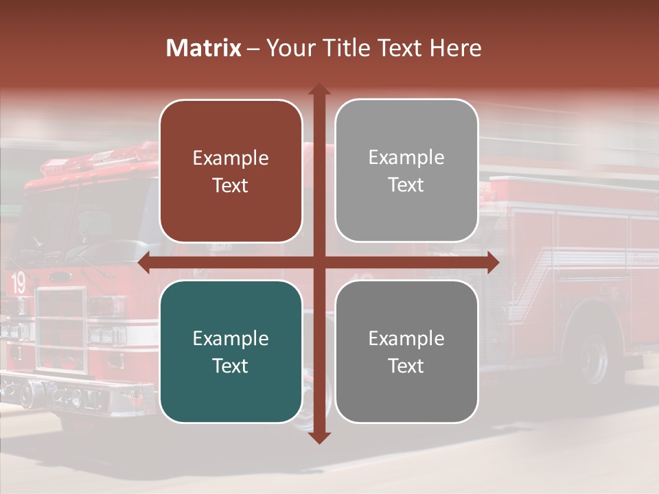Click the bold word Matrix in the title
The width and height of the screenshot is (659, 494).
click(x=203, y=48)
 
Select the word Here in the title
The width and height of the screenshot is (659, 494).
click(x=456, y=48)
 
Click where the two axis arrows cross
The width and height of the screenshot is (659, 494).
click(x=319, y=263)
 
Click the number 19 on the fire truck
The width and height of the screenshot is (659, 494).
click(x=19, y=283)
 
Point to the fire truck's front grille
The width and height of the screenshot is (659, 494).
click(x=61, y=330)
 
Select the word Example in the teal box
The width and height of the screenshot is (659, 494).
click(x=230, y=339)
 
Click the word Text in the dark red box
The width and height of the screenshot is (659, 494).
click(x=230, y=186)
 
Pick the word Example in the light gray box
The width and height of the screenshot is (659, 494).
click(x=406, y=158)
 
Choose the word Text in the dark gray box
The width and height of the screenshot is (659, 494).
click(x=406, y=366)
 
